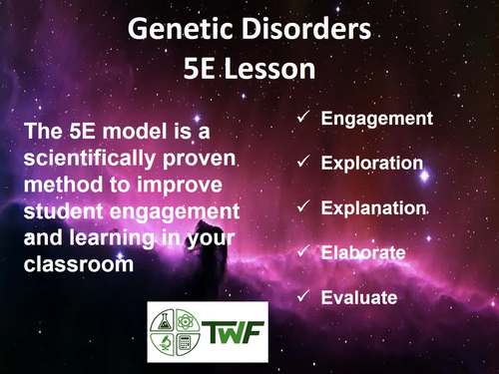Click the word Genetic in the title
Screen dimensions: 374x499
coord(178,32)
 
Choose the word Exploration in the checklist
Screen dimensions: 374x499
coord(372,163)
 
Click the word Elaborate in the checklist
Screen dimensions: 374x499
coord(363,252)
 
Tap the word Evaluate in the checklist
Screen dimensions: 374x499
coord(359,297)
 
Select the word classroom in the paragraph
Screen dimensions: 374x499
coord(77,263)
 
